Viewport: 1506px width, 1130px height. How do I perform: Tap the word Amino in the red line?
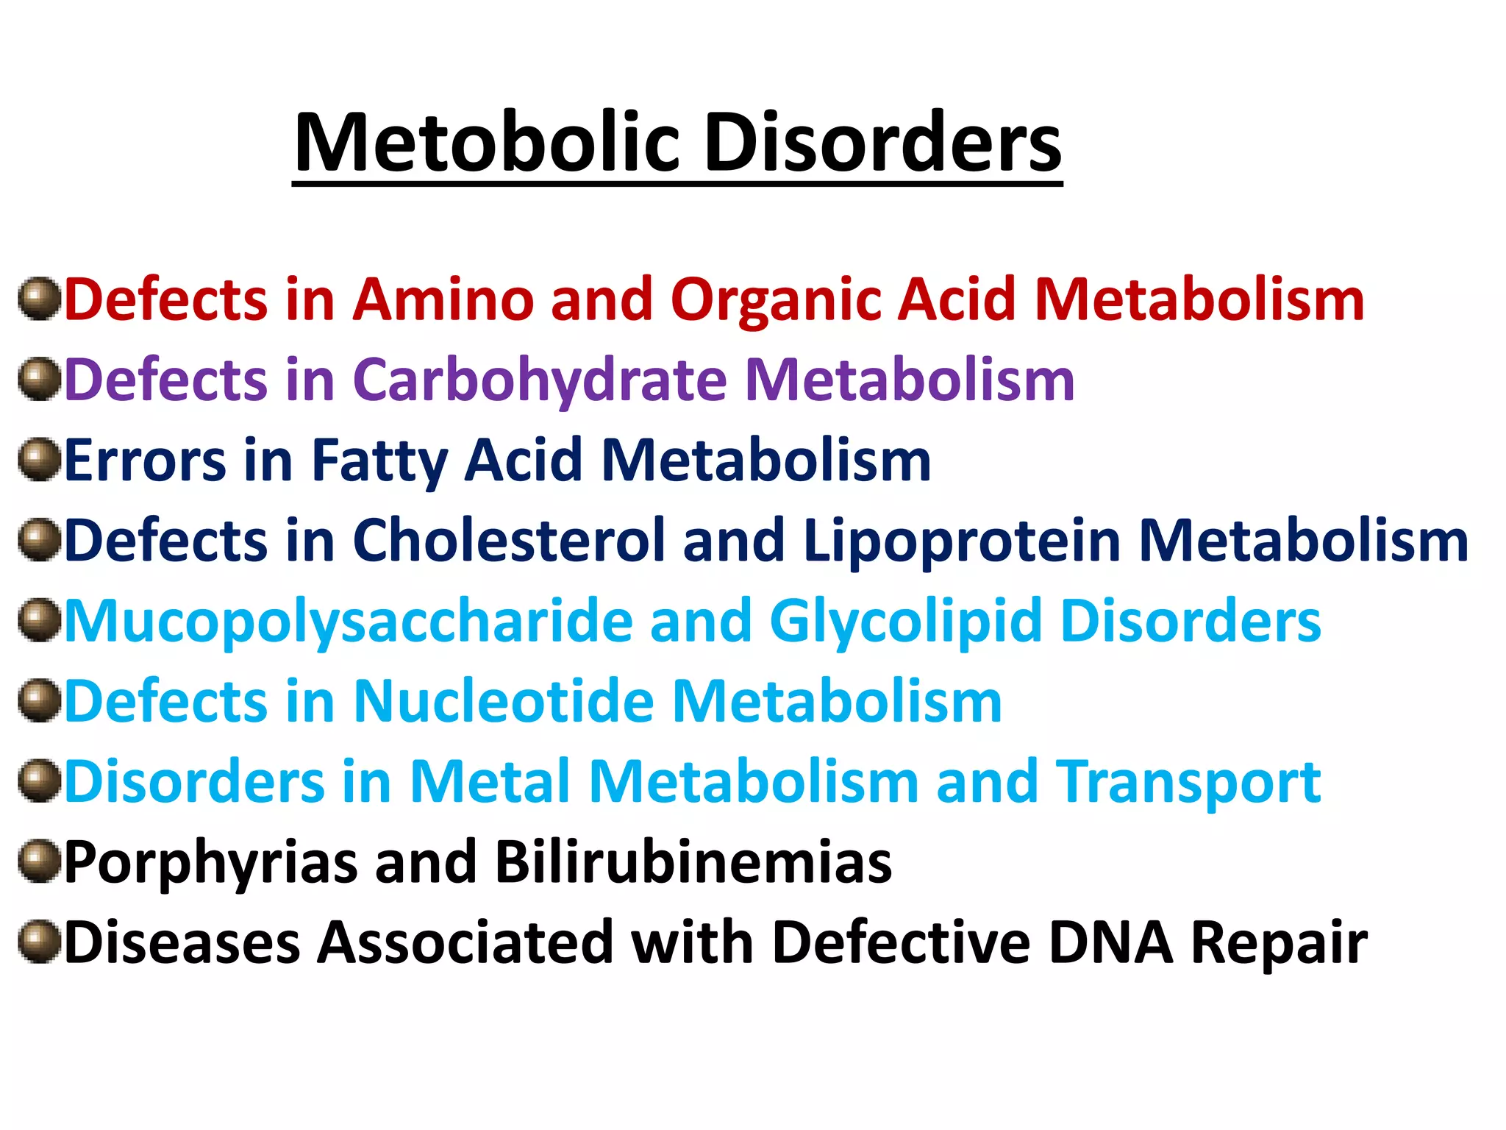[x=443, y=299]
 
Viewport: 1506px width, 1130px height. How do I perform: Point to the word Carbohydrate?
[x=540, y=381]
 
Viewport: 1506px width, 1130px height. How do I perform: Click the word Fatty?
[x=379, y=462]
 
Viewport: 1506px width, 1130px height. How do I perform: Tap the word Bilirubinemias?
[x=693, y=861]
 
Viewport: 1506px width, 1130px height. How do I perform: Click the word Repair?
[x=1279, y=944]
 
